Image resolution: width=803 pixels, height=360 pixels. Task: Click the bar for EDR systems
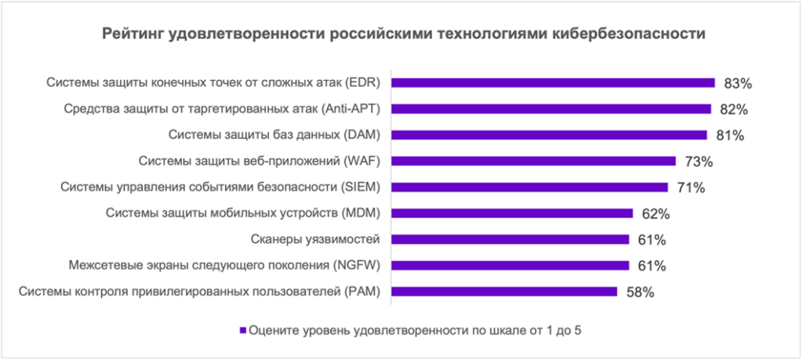click(x=553, y=82)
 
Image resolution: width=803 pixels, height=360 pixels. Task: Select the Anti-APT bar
click(x=550, y=108)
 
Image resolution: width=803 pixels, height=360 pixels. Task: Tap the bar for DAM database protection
click(x=549, y=135)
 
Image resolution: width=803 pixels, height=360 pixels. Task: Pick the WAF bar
click(x=533, y=161)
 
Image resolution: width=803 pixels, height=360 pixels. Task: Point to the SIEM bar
click(x=529, y=187)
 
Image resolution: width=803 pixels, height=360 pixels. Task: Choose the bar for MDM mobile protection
click(x=512, y=213)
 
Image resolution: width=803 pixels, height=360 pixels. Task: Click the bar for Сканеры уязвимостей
click(x=510, y=239)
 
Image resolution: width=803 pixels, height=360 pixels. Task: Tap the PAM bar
click(x=504, y=292)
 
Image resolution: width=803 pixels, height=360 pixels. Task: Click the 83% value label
click(x=738, y=82)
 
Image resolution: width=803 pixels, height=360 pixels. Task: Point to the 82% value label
click(x=734, y=108)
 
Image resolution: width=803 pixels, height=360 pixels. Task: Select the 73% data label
click(x=698, y=162)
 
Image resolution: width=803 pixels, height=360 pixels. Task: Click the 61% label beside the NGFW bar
click(x=652, y=267)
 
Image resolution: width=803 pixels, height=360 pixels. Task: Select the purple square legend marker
click(x=243, y=330)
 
